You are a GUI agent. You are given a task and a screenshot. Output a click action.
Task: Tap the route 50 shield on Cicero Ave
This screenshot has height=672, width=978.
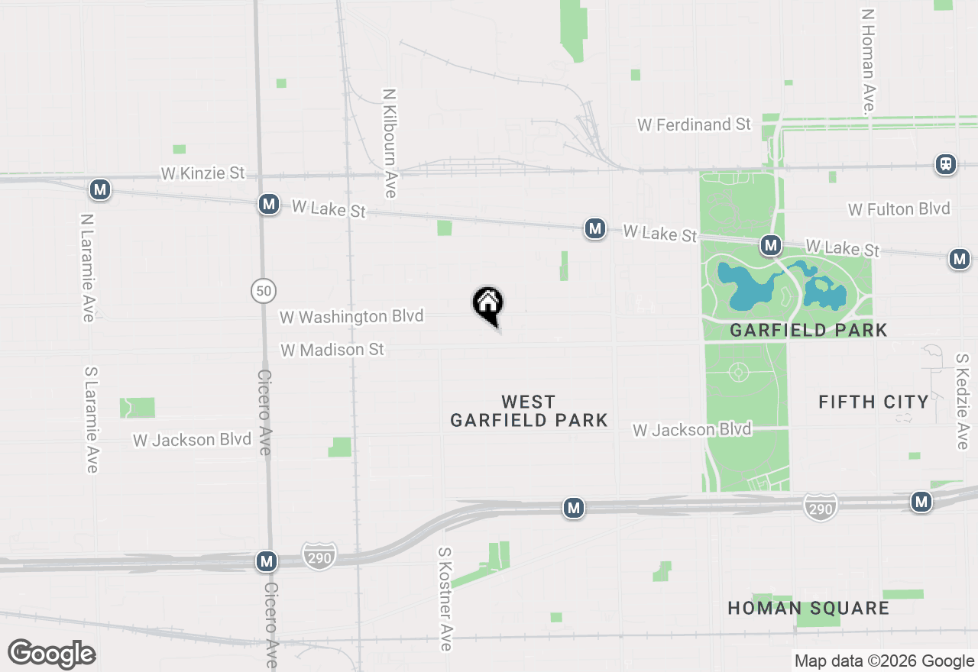(x=264, y=290)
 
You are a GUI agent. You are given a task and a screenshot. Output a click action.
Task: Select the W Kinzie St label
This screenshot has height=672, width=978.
(x=202, y=173)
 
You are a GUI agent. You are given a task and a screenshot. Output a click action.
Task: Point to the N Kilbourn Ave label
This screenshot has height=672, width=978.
(x=390, y=144)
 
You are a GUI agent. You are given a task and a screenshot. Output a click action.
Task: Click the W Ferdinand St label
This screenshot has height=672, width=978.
(x=695, y=124)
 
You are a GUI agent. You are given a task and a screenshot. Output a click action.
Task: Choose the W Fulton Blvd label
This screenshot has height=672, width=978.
(x=899, y=208)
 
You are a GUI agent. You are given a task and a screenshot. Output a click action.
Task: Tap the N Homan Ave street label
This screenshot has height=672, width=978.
(x=868, y=61)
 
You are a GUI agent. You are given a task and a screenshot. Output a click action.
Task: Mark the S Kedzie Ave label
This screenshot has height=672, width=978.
(x=962, y=401)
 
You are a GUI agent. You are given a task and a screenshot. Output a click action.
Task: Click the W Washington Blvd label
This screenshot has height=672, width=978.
(x=351, y=316)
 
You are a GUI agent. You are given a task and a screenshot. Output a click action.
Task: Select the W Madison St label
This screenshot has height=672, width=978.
(x=332, y=350)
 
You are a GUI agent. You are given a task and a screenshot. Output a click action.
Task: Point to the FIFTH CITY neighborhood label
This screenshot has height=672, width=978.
(x=873, y=402)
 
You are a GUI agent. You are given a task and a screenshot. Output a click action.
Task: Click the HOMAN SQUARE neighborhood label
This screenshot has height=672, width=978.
(x=808, y=609)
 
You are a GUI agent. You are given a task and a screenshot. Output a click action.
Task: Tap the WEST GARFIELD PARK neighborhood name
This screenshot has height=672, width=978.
(x=529, y=411)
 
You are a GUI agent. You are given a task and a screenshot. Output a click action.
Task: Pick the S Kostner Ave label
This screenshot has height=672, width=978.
(x=445, y=599)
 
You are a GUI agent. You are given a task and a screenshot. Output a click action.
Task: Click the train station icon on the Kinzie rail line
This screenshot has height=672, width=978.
(x=946, y=163)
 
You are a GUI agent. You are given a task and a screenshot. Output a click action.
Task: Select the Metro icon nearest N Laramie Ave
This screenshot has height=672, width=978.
(x=99, y=189)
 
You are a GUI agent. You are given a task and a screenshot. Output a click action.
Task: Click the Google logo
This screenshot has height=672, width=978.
(x=52, y=654)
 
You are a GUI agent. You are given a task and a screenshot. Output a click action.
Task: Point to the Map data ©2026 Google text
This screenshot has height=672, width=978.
(x=884, y=661)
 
